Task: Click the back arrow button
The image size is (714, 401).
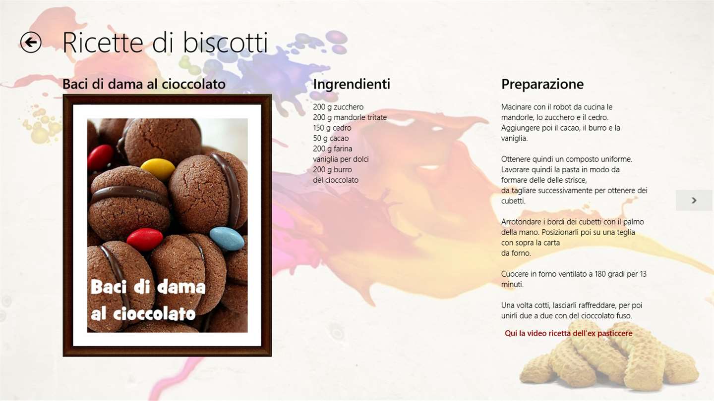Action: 31,43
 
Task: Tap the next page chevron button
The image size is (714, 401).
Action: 694,200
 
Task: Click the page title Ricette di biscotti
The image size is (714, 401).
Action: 165,43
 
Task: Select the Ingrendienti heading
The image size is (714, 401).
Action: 352,84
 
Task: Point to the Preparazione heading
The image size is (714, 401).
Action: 542,84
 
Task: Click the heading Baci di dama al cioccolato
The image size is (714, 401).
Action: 144,84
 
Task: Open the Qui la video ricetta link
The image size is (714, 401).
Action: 568,333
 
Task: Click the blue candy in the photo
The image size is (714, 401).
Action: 227,239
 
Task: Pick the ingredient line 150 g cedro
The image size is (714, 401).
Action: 332,128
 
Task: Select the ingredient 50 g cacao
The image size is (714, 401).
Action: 331,139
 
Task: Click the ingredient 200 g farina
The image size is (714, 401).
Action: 332,149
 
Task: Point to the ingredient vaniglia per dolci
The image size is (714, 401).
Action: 341,159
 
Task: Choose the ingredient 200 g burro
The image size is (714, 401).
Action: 332,170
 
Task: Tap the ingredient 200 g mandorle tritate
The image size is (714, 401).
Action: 350,117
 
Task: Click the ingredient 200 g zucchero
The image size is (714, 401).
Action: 338,107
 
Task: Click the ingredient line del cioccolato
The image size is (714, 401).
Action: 336,180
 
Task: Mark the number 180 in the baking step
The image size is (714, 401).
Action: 600,274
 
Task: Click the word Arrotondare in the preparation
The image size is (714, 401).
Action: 520,222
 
